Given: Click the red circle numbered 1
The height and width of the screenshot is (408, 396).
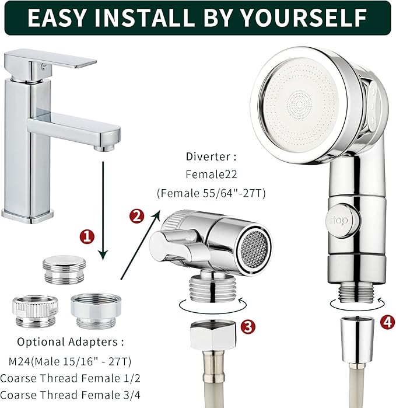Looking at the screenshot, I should (87, 236).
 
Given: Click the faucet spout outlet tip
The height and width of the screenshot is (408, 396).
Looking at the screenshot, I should (106, 147).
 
